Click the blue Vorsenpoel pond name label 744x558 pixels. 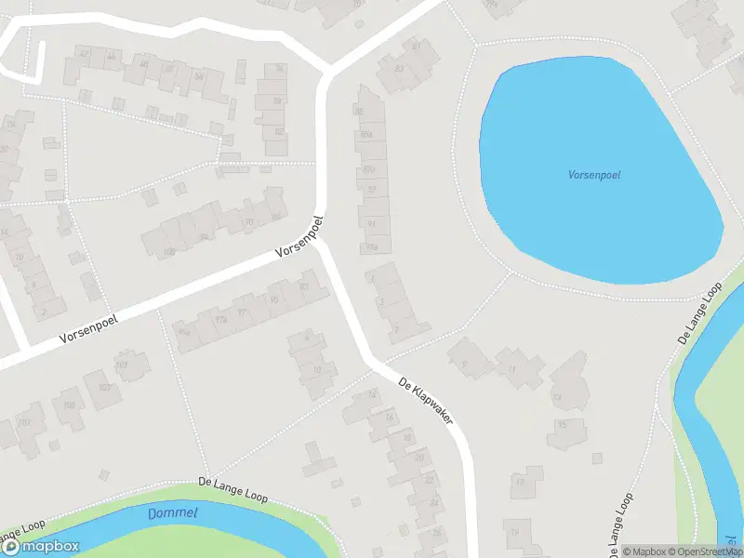[x=594, y=174]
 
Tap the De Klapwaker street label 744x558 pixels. [x=425, y=401]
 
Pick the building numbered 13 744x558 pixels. [x=558, y=397]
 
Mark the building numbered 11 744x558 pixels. [x=512, y=369]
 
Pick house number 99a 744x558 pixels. [x=183, y=331]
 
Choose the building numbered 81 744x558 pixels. [x=416, y=46]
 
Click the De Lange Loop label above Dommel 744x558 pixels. [x=232, y=490]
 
